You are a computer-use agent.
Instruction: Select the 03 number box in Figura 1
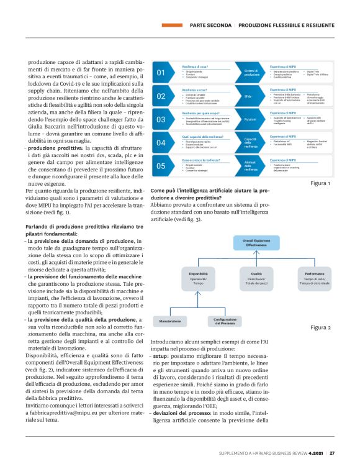tap(161, 119)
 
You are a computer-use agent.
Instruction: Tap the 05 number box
tap(161, 166)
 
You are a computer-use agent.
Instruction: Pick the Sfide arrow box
tap(251, 96)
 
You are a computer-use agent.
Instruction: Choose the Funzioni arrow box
tap(251, 119)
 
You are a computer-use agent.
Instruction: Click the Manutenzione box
tap(169, 321)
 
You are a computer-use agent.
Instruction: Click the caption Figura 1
tap(320, 184)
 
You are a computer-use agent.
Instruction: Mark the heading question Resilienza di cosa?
tap(194, 66)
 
